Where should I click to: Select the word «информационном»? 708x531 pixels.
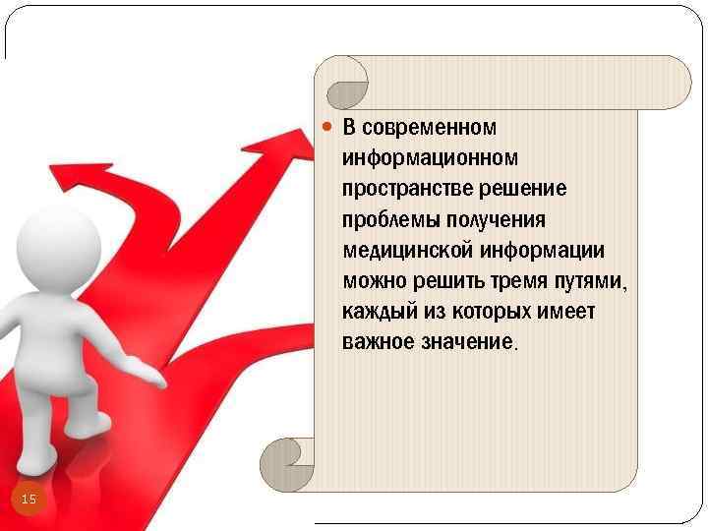coord(430,157)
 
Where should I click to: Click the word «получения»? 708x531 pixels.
coord(498,219)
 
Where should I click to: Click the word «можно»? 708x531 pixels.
coord(371,281)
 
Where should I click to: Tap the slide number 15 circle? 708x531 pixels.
coord(29,501)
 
